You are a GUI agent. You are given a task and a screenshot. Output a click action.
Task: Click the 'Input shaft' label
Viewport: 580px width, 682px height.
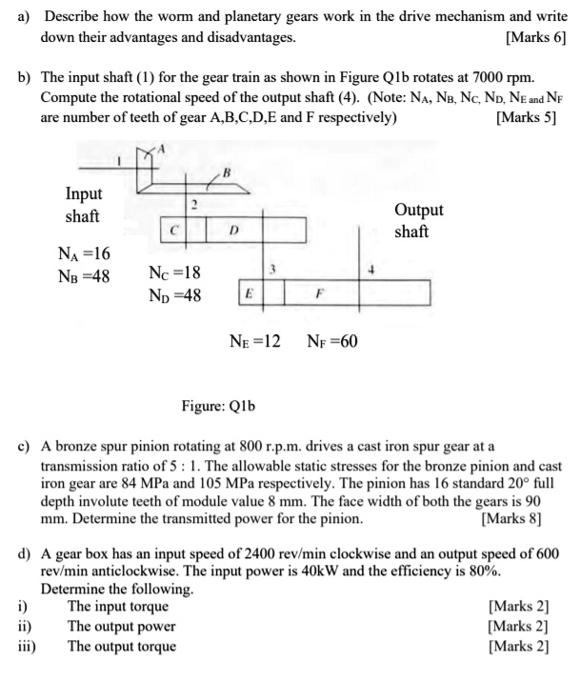pos(83,205)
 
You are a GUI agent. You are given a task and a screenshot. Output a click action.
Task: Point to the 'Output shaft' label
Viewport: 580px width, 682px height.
pos(417,220)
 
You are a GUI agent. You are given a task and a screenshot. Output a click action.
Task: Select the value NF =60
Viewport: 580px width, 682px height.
pos(332,341)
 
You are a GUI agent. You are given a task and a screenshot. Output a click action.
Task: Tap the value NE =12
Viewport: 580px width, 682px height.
pos(255,341)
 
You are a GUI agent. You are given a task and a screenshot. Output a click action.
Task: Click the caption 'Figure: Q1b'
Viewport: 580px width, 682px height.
pos(218,407)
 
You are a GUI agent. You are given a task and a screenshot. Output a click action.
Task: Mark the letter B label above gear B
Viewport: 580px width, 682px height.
pos(226,171)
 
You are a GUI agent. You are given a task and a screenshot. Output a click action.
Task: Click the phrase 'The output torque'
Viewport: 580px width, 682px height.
pos(122,646)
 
